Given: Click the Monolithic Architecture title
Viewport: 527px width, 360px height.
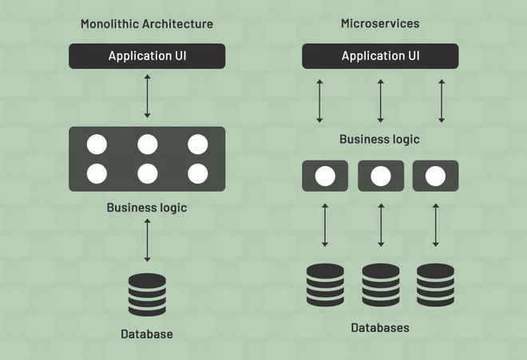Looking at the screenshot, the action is (147, 24).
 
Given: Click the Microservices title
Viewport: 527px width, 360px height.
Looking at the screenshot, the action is (380, 23).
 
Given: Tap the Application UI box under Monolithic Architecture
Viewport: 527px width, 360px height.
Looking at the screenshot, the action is (147, 56).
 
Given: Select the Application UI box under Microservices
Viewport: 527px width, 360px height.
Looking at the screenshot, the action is (380, 56).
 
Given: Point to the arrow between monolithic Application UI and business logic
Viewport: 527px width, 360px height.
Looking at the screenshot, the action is (147, 96).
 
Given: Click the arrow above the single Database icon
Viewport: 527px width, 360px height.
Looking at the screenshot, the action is (147, 240).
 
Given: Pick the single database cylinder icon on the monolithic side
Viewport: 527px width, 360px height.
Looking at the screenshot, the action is (147, 295).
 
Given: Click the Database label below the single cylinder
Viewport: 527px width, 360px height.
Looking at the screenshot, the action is (147, 334).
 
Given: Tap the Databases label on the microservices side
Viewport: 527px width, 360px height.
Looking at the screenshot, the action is (380, 328).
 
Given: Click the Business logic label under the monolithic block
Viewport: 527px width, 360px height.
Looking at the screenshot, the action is (147, 208).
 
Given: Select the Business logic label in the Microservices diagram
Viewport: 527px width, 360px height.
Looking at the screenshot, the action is (380, 139).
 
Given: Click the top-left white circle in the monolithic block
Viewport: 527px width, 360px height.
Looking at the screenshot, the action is (97, 144).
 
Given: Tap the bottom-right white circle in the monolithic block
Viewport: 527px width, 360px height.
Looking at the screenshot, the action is (198, 174).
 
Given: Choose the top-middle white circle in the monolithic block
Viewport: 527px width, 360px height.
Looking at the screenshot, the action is (148, 144).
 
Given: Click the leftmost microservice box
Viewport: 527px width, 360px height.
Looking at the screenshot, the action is (325, 176).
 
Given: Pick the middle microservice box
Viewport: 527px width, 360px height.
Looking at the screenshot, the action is (381, 176).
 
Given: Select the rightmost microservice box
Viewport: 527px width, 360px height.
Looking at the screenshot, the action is (436, 176).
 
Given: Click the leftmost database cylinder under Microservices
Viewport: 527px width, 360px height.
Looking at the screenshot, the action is (325, 285).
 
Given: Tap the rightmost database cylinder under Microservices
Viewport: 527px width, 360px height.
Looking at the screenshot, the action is (436, 285).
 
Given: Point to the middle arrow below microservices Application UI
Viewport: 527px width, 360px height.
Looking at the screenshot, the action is (380, 101).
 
